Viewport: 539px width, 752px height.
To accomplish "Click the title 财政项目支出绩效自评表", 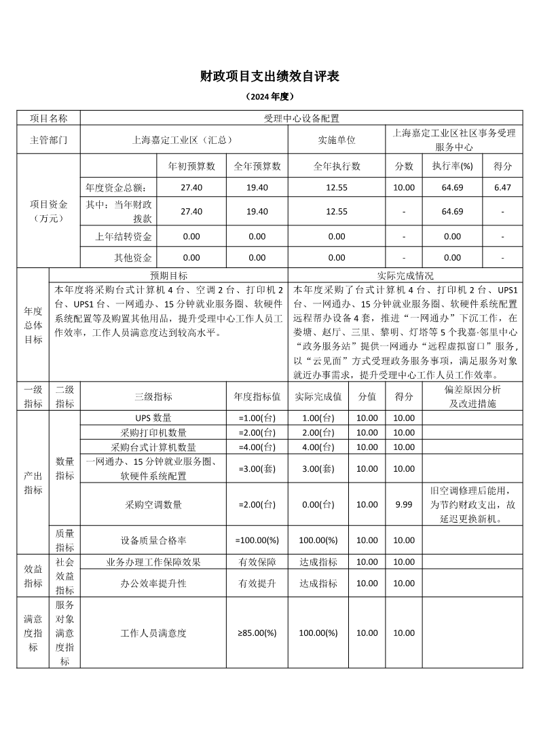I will [269, 77].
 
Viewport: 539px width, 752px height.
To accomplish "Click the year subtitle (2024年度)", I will [269, 97].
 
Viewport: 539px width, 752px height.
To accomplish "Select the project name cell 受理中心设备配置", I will [301, 118].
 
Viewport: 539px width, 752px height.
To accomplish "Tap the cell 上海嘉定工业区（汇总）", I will [183, 140].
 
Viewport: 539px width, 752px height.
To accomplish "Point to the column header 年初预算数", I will [192, 166].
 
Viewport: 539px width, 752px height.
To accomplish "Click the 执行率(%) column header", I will [452, 166].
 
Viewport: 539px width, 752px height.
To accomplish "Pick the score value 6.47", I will [502, 187].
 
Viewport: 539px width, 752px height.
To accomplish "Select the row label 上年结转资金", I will [124, 237].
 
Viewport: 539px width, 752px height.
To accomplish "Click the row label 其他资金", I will [133, 258].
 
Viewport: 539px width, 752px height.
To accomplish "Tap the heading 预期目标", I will [168, 276].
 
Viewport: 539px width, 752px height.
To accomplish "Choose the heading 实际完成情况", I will [405, 276].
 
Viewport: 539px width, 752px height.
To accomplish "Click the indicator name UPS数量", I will [153, 417].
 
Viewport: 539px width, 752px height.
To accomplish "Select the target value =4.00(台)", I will [257, 447].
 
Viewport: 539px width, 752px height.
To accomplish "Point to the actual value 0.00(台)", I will [319, 504].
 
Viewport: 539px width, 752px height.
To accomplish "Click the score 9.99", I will [404, 504].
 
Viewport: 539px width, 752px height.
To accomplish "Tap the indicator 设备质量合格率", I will [153, 540].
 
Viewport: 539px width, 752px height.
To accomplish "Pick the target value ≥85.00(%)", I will [257, 633].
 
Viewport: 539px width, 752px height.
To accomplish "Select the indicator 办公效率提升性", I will [153, 583].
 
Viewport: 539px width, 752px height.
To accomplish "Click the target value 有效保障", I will [257, 562].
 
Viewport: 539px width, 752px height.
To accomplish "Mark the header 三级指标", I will [153, 397].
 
